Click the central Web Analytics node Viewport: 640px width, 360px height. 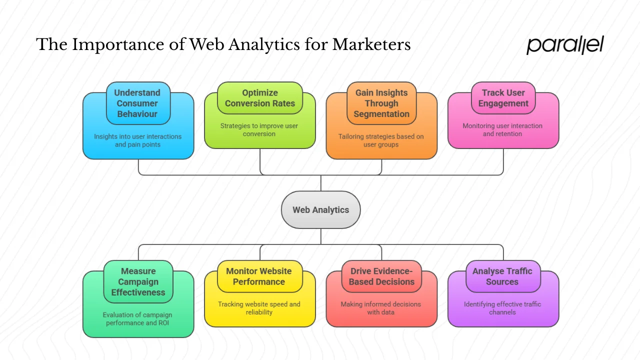click(320, 210)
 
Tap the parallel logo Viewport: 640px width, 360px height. click(565, 45)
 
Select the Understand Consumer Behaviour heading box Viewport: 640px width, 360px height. click(138, 103)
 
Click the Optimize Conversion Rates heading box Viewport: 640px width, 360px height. click(260, 98)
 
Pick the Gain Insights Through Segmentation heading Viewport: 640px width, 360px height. click(381, 103)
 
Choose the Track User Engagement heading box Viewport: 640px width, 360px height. click(503, 98)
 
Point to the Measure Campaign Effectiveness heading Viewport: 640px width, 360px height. click(138, 282)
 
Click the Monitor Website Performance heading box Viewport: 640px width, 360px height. click(259, 276)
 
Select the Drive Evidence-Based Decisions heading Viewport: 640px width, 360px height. click(381, 276)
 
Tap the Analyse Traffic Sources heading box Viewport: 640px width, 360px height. click(503, 276)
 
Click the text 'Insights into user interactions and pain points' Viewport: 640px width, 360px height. click(138, 140)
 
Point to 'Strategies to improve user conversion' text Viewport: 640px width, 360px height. click(259, 130)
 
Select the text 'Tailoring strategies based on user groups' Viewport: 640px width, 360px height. click(381, 140)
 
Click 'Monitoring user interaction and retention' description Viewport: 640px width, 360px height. click(502, 130)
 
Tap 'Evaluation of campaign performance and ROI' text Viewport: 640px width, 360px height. click(137, 319)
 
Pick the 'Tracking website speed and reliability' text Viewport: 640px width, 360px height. click(259, 308)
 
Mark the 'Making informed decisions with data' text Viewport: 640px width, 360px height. click(381, 308)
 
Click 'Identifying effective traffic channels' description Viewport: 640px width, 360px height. click(502, 308)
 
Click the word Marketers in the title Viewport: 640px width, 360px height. click(371, 45)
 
